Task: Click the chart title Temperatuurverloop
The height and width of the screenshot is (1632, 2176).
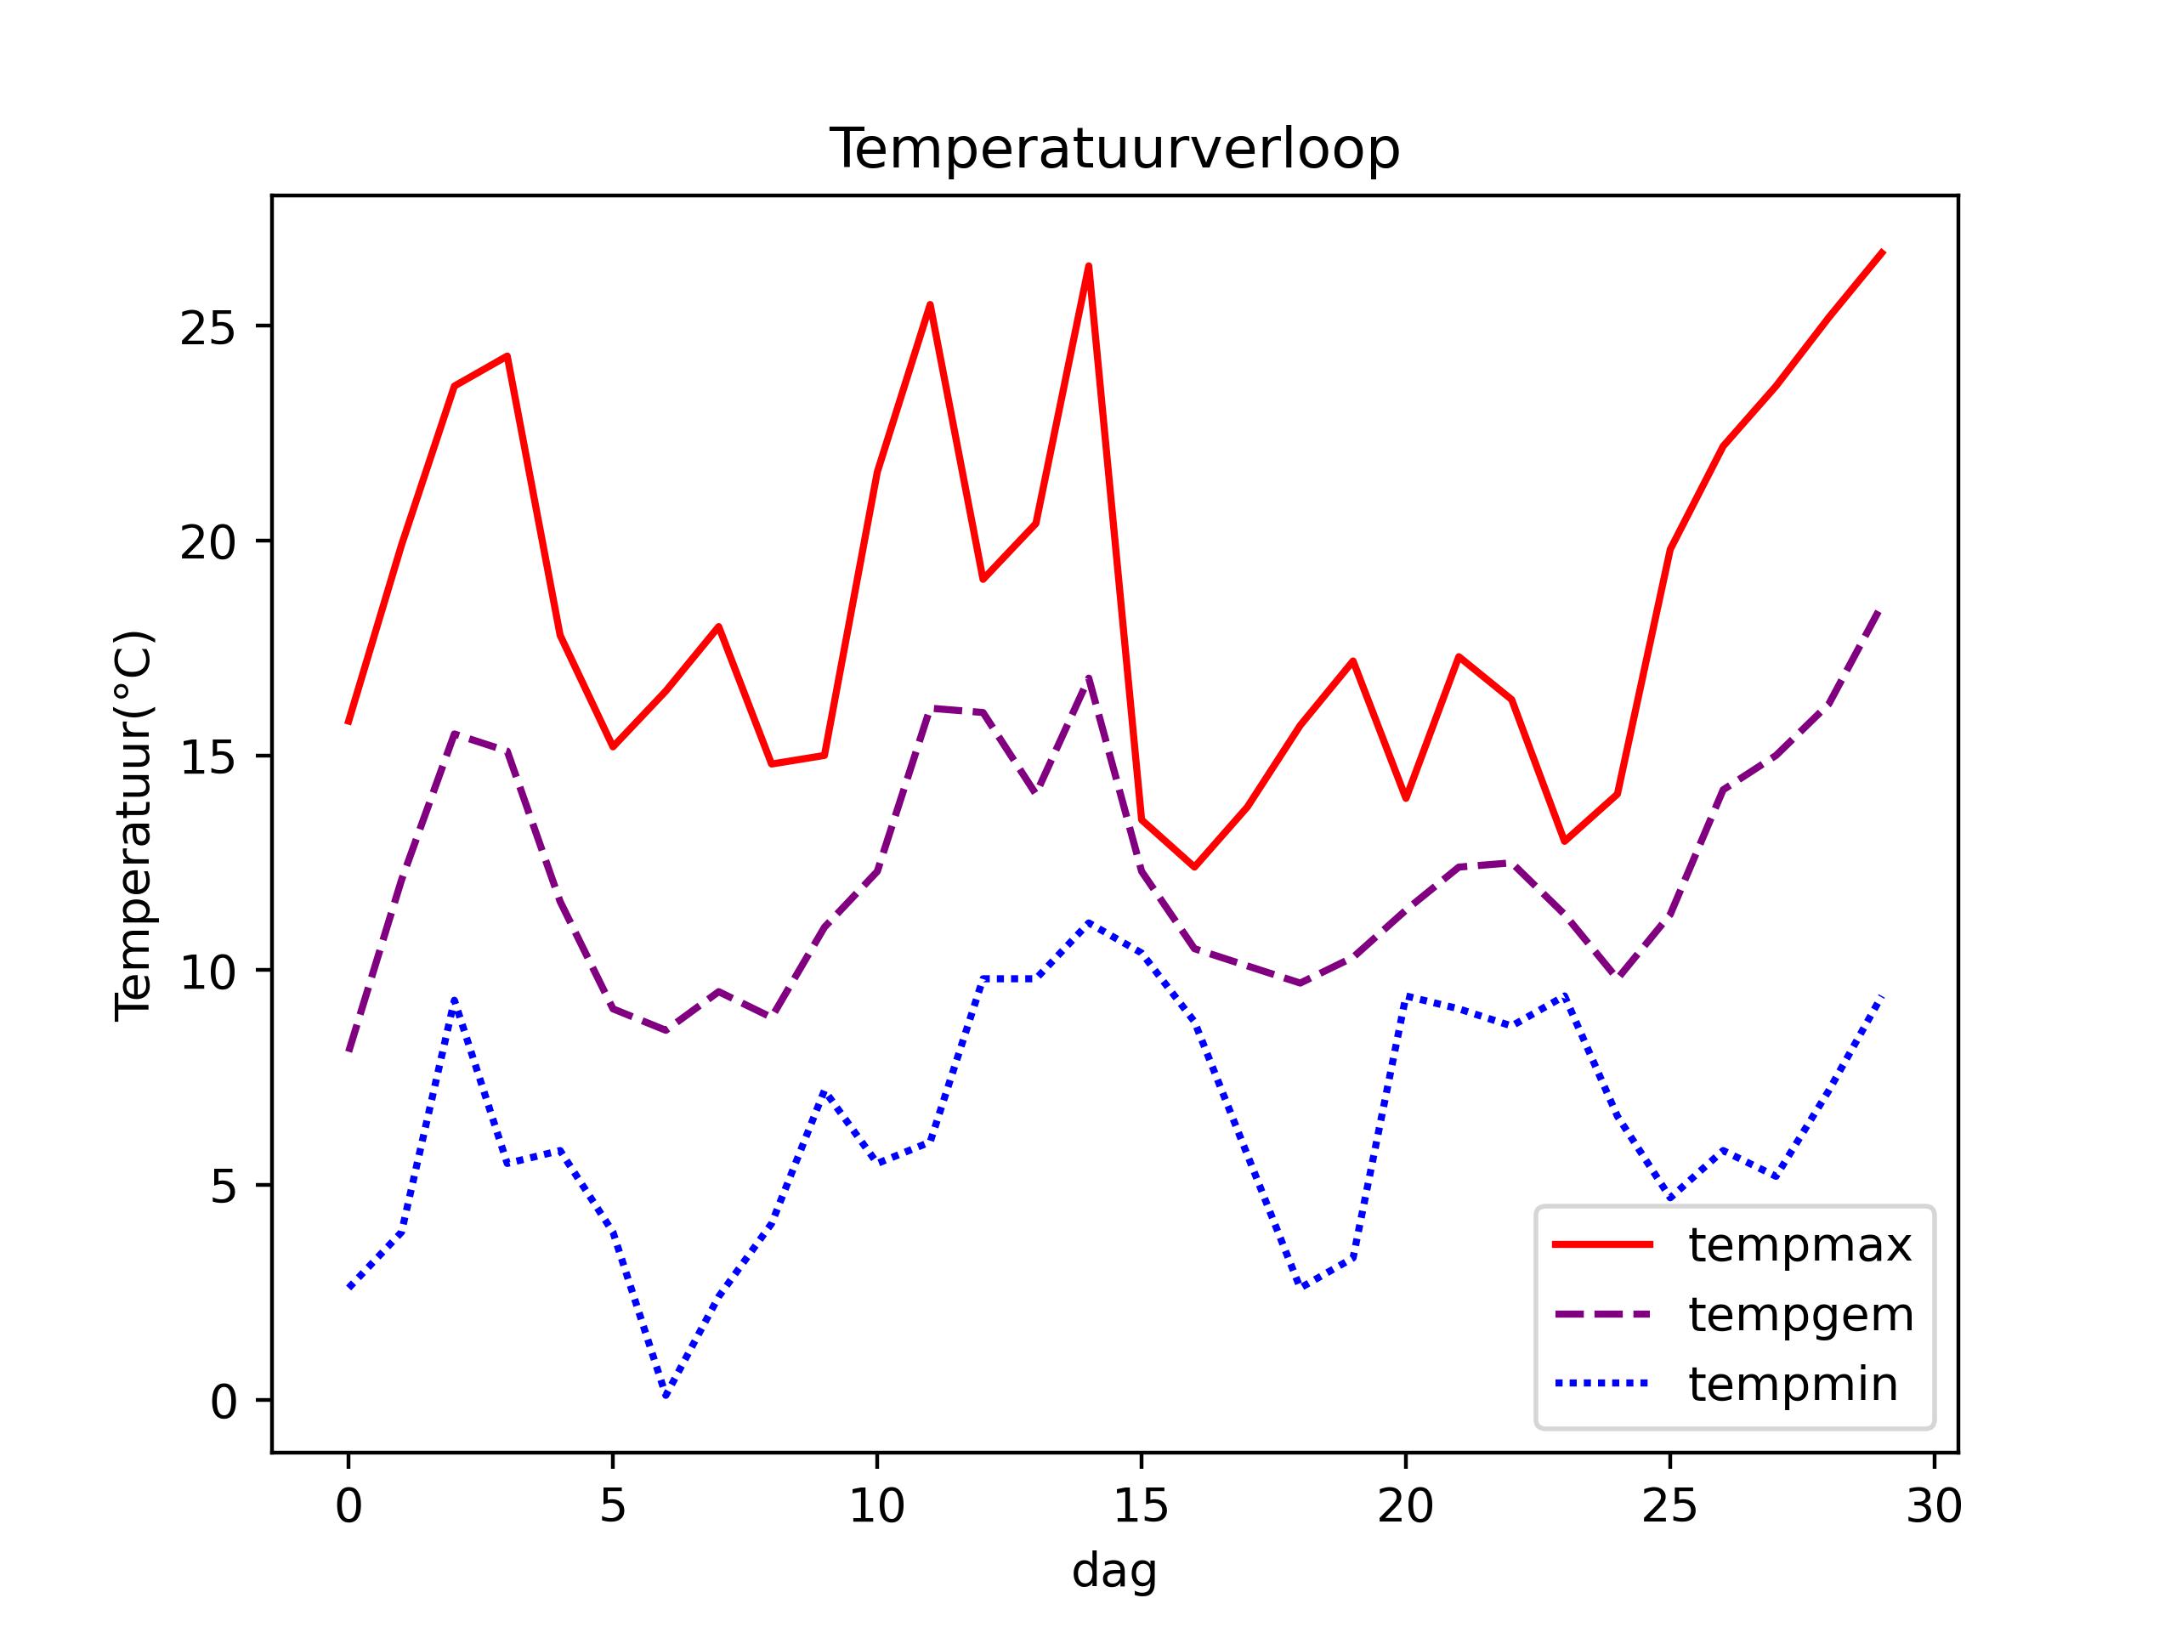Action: (1114, 150)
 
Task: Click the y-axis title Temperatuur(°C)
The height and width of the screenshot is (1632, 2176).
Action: (133, 825)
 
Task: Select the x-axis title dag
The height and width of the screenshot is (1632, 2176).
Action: (1113, 1571)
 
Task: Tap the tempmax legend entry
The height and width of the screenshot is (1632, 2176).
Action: (1799, 1245)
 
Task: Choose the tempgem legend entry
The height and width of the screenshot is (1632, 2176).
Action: (1800, 1315)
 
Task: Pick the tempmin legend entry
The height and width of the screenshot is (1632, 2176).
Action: (1793, 1385)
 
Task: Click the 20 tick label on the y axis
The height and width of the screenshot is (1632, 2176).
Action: (207, 542)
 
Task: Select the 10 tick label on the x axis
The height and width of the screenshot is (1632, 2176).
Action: (876, 1506)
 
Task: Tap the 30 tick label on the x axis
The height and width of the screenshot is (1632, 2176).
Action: (1934, 1506)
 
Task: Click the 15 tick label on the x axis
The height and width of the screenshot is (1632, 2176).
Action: (1141, 1506)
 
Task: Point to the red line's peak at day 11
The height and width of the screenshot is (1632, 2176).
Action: (930, 304)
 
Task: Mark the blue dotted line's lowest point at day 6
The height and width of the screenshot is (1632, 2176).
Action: (666, 1396)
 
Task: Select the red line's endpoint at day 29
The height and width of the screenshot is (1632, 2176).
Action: (1882, 252)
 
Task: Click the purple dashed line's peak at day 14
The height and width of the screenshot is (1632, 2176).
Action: (1089, 677)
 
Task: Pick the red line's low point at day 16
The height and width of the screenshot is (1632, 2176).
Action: (1194, 867)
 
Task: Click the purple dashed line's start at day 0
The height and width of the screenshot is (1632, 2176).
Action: (349, 1051)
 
